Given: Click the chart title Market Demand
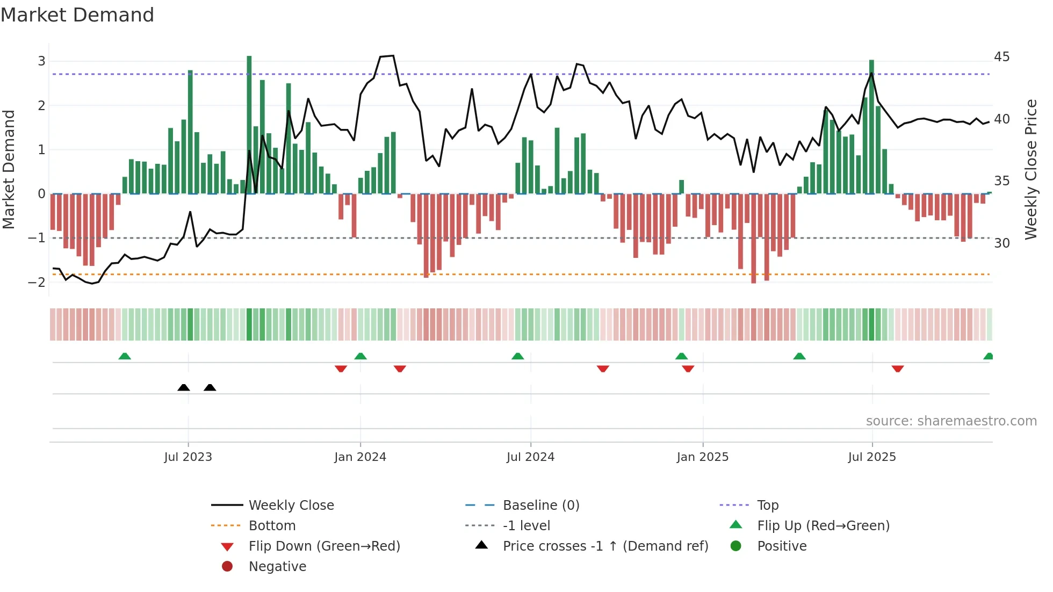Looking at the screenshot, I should coord(77,15).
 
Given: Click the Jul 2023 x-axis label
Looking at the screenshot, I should coord(188,457).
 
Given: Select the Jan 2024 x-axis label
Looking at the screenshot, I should coord(360,457).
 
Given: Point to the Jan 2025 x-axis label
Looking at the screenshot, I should coord(702,457).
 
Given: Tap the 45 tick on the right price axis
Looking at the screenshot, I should coord(1001,57).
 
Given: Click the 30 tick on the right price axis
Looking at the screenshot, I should coord(1001,243).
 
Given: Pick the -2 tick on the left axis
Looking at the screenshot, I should coord(37,282).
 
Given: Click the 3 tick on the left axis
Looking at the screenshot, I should coord(41,61).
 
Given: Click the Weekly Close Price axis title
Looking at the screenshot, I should coord(1030,169).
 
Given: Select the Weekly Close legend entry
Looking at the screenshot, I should coord(291,506).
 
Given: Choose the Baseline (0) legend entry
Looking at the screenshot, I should coord(540,506).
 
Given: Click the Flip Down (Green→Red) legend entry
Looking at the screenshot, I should coord(324,546).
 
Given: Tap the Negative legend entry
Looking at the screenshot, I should coord(277,567).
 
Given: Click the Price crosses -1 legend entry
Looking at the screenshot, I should coord(605,546).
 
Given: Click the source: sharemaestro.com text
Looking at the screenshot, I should coord(951,421).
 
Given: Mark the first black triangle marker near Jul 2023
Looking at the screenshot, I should coord(184,387).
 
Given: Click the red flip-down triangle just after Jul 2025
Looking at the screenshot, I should coord(897,369).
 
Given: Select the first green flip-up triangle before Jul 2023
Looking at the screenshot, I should coord(125,356).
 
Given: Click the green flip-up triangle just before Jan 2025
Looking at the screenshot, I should coord(681,356).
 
